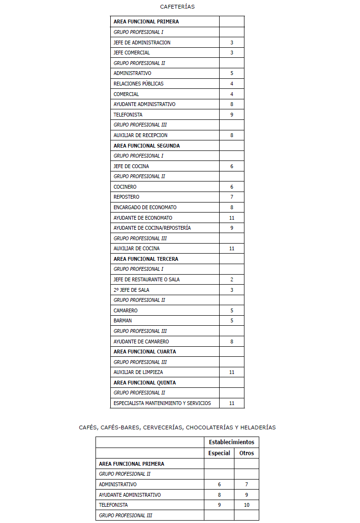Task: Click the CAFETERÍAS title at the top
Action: point(177,7)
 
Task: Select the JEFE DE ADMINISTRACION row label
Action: point(142,43)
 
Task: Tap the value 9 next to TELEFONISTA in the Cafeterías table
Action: point(232,115)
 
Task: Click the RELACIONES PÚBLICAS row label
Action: point(138,84)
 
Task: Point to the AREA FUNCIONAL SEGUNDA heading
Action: point(147,146)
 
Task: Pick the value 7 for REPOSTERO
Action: point(232,197)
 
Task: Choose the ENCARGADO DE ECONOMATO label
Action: point(145,207)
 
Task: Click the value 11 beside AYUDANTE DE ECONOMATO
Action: point(232,218)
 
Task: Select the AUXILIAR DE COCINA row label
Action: point(137,248)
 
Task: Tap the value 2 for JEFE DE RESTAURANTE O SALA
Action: point(232,279)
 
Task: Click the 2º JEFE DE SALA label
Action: point(131,290)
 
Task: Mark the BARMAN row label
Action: point(123,320)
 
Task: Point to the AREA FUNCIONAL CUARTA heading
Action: point(145,352)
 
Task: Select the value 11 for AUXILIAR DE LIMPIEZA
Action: point(232,372)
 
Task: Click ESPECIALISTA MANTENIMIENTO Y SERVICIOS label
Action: point(162,403)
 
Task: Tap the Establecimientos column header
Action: point(232,442)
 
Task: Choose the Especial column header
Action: point(219,453)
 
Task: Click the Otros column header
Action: point(246,453)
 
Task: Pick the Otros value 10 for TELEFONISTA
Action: point(246,505)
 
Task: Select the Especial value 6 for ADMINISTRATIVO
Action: point(219,484)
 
